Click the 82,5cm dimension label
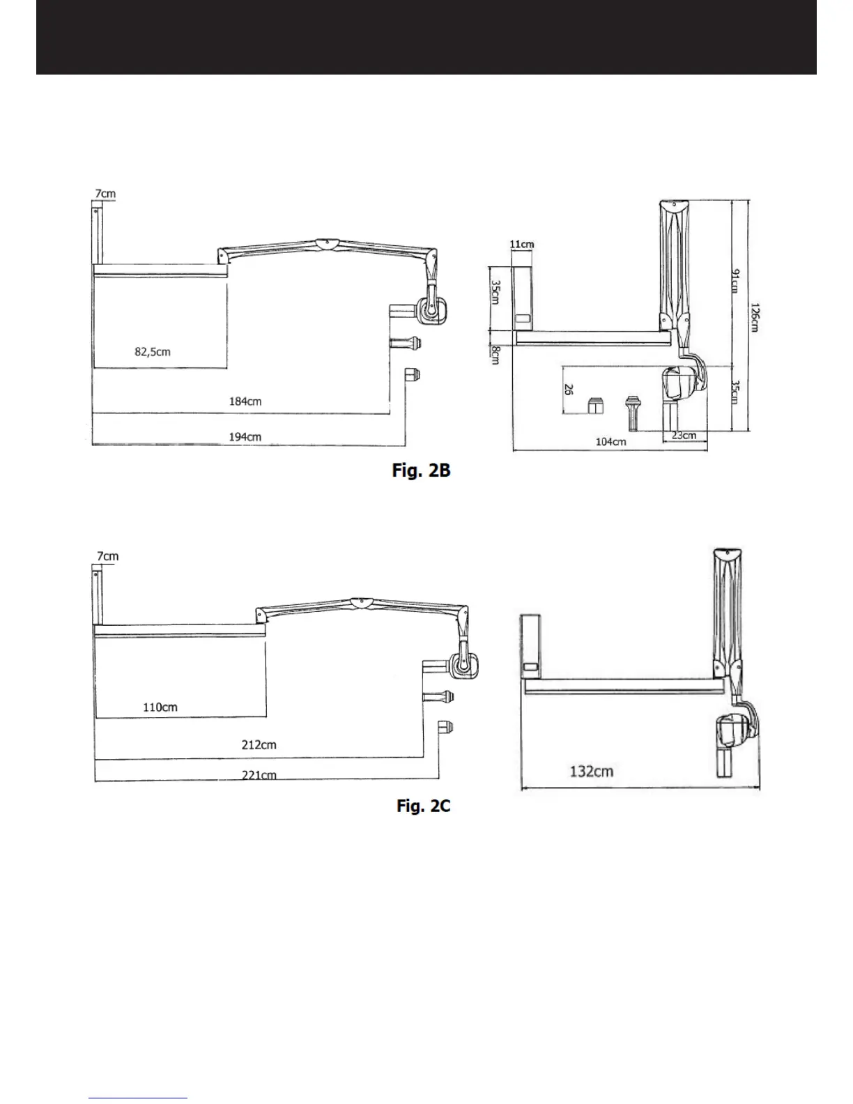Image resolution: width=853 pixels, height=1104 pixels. coord(153,351)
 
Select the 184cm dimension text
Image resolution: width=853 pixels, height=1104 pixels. coord(245,401)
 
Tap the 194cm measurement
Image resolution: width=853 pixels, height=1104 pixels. coord(245,437)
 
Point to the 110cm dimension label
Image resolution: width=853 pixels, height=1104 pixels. coord(160,707)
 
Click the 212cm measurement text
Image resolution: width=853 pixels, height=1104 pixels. coord(259,745)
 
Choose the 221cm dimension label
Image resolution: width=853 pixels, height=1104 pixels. coord(259,775)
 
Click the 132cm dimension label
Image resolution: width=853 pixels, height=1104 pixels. coord(592,772)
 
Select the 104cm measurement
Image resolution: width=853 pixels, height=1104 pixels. coord(610,441)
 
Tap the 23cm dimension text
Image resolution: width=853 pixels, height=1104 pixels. coord(684,436)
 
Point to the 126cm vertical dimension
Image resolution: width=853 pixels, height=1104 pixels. coord(755,318)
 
